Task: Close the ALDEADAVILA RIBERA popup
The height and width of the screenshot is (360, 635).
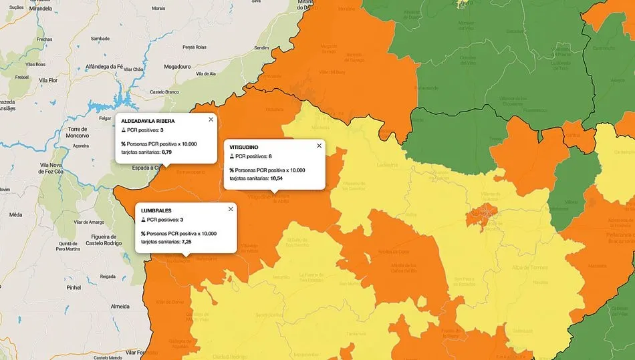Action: click(211, 120)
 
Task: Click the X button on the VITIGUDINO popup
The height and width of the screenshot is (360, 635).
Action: click(319, 146)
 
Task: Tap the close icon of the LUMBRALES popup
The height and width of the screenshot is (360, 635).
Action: click(231, 209)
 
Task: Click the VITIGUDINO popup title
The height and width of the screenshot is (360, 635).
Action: click(244, 147)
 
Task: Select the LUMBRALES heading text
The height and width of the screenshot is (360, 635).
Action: click(156, 210)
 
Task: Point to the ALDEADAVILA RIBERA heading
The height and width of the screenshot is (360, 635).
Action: click(148, 121)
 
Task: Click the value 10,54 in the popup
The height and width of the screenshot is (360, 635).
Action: click(276, 178)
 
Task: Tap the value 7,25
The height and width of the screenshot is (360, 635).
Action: click(186, 242)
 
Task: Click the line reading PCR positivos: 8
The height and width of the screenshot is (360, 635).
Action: click(251, 156)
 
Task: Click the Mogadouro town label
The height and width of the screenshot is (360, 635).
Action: click(177, 67)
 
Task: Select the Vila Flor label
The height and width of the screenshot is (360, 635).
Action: click(51, 80)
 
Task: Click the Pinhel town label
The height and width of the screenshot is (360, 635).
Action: click(74, 287)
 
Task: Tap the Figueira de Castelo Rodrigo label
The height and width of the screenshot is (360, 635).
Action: click(103, 240)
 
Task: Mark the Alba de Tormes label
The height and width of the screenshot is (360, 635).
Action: click(530, 267)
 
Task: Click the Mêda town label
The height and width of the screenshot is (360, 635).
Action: click(16, 215)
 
